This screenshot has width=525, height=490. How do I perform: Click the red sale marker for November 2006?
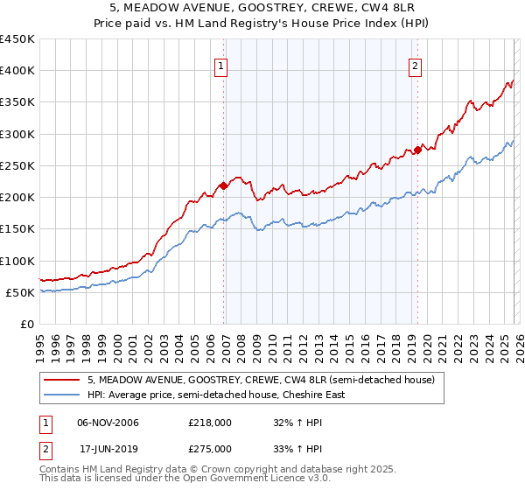pos(223,185)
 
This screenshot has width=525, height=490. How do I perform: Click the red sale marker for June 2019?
pos(417,150)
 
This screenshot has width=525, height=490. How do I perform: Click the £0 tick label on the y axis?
pos(26,324)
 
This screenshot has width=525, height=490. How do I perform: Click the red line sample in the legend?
pos(64,380)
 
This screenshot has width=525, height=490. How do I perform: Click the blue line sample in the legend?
pos(64,395)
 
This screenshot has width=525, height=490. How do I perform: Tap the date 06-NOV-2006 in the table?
pos(108,423)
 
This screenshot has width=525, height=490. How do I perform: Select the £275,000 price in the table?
pos(210,448)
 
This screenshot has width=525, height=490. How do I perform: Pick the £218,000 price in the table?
pos(210,423)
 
